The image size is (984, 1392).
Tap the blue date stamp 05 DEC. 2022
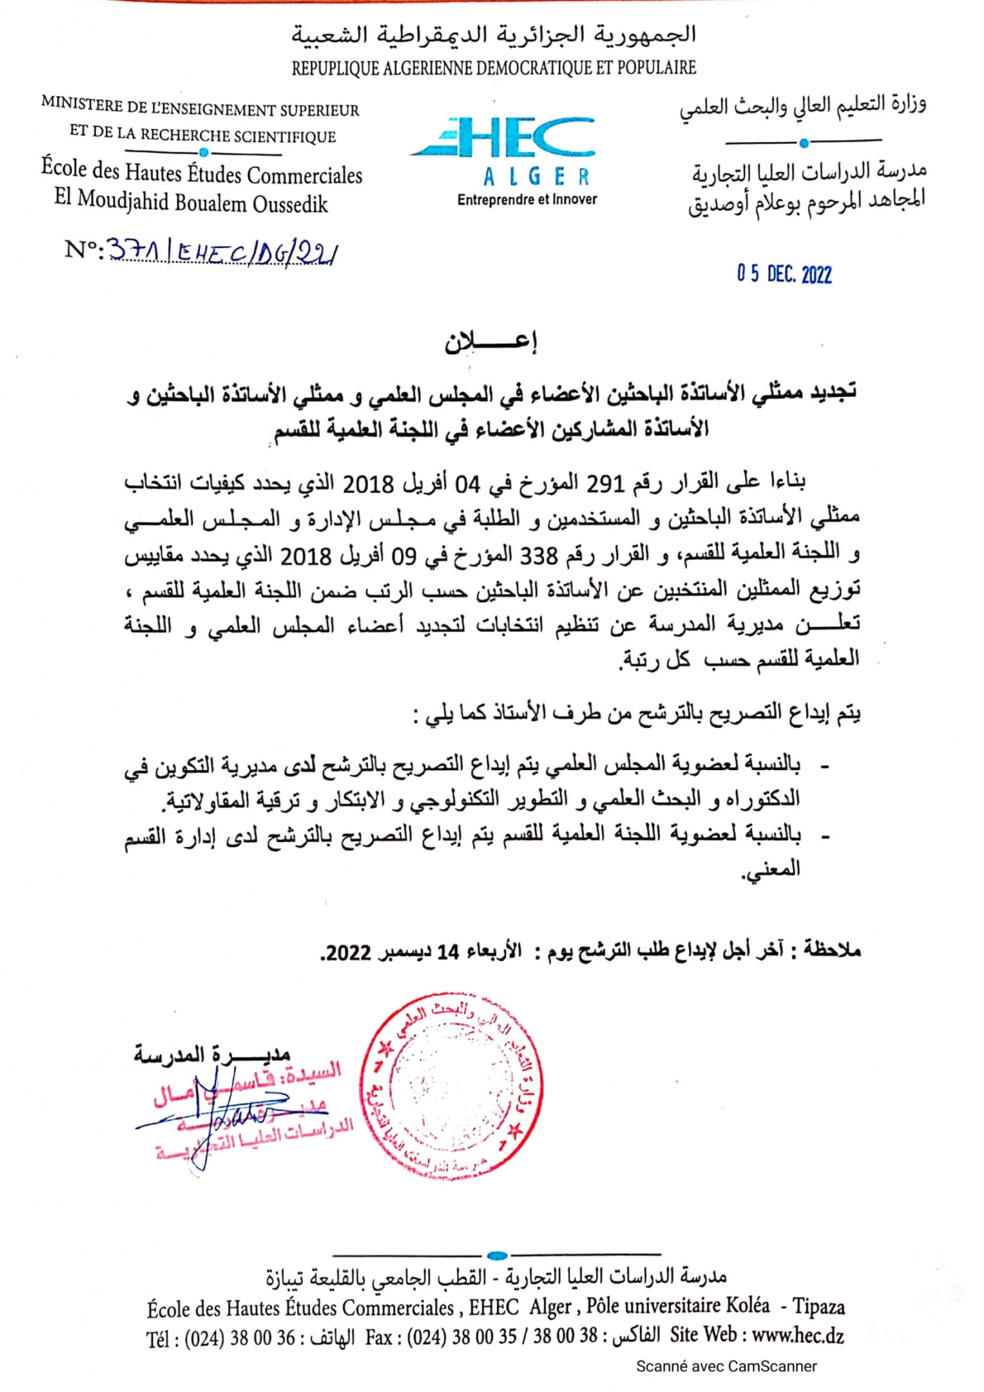pyautogui.click(x=784, y=274)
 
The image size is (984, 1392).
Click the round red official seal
pyautogui.click(x=452, y=1086)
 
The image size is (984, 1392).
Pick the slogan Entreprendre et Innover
pyautogui.click(x=527, y=200)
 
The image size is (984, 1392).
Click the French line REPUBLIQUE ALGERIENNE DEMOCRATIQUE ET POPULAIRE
pyautogui.click(x=494, y=68)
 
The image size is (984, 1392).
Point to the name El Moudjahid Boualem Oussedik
pyautogui.click(x=191, y=203)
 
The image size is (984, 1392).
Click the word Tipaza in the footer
pyautogui.click(x=819, y=1306)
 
